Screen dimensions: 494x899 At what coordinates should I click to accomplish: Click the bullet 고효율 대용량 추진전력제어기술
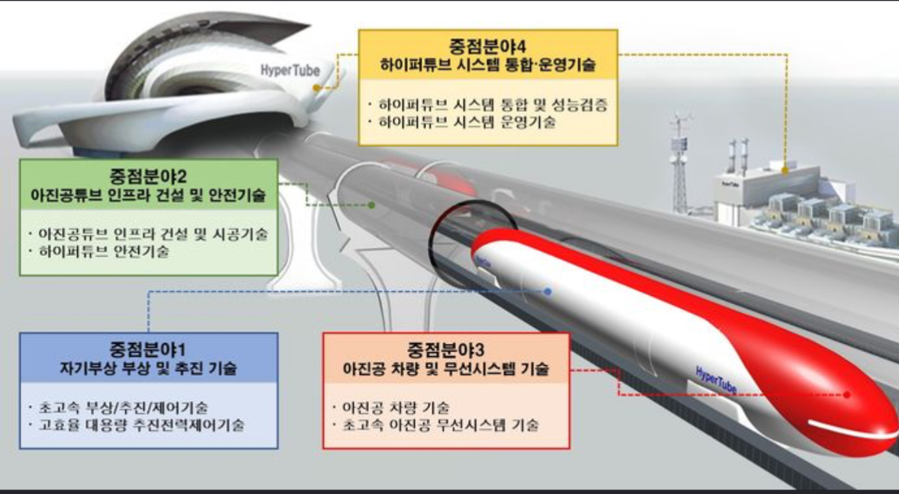(x=137, y=425)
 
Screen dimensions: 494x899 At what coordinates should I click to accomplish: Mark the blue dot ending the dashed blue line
(x=548, y=291)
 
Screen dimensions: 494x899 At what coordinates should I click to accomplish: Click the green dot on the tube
(x=371, y=205)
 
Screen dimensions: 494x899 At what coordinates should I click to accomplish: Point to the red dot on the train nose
(x=846, y=395)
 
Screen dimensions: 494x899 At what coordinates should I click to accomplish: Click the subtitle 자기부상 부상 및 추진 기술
(x=149, y=368)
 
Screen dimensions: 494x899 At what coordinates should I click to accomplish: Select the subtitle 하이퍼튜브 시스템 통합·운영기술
(x=488, y=66)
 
